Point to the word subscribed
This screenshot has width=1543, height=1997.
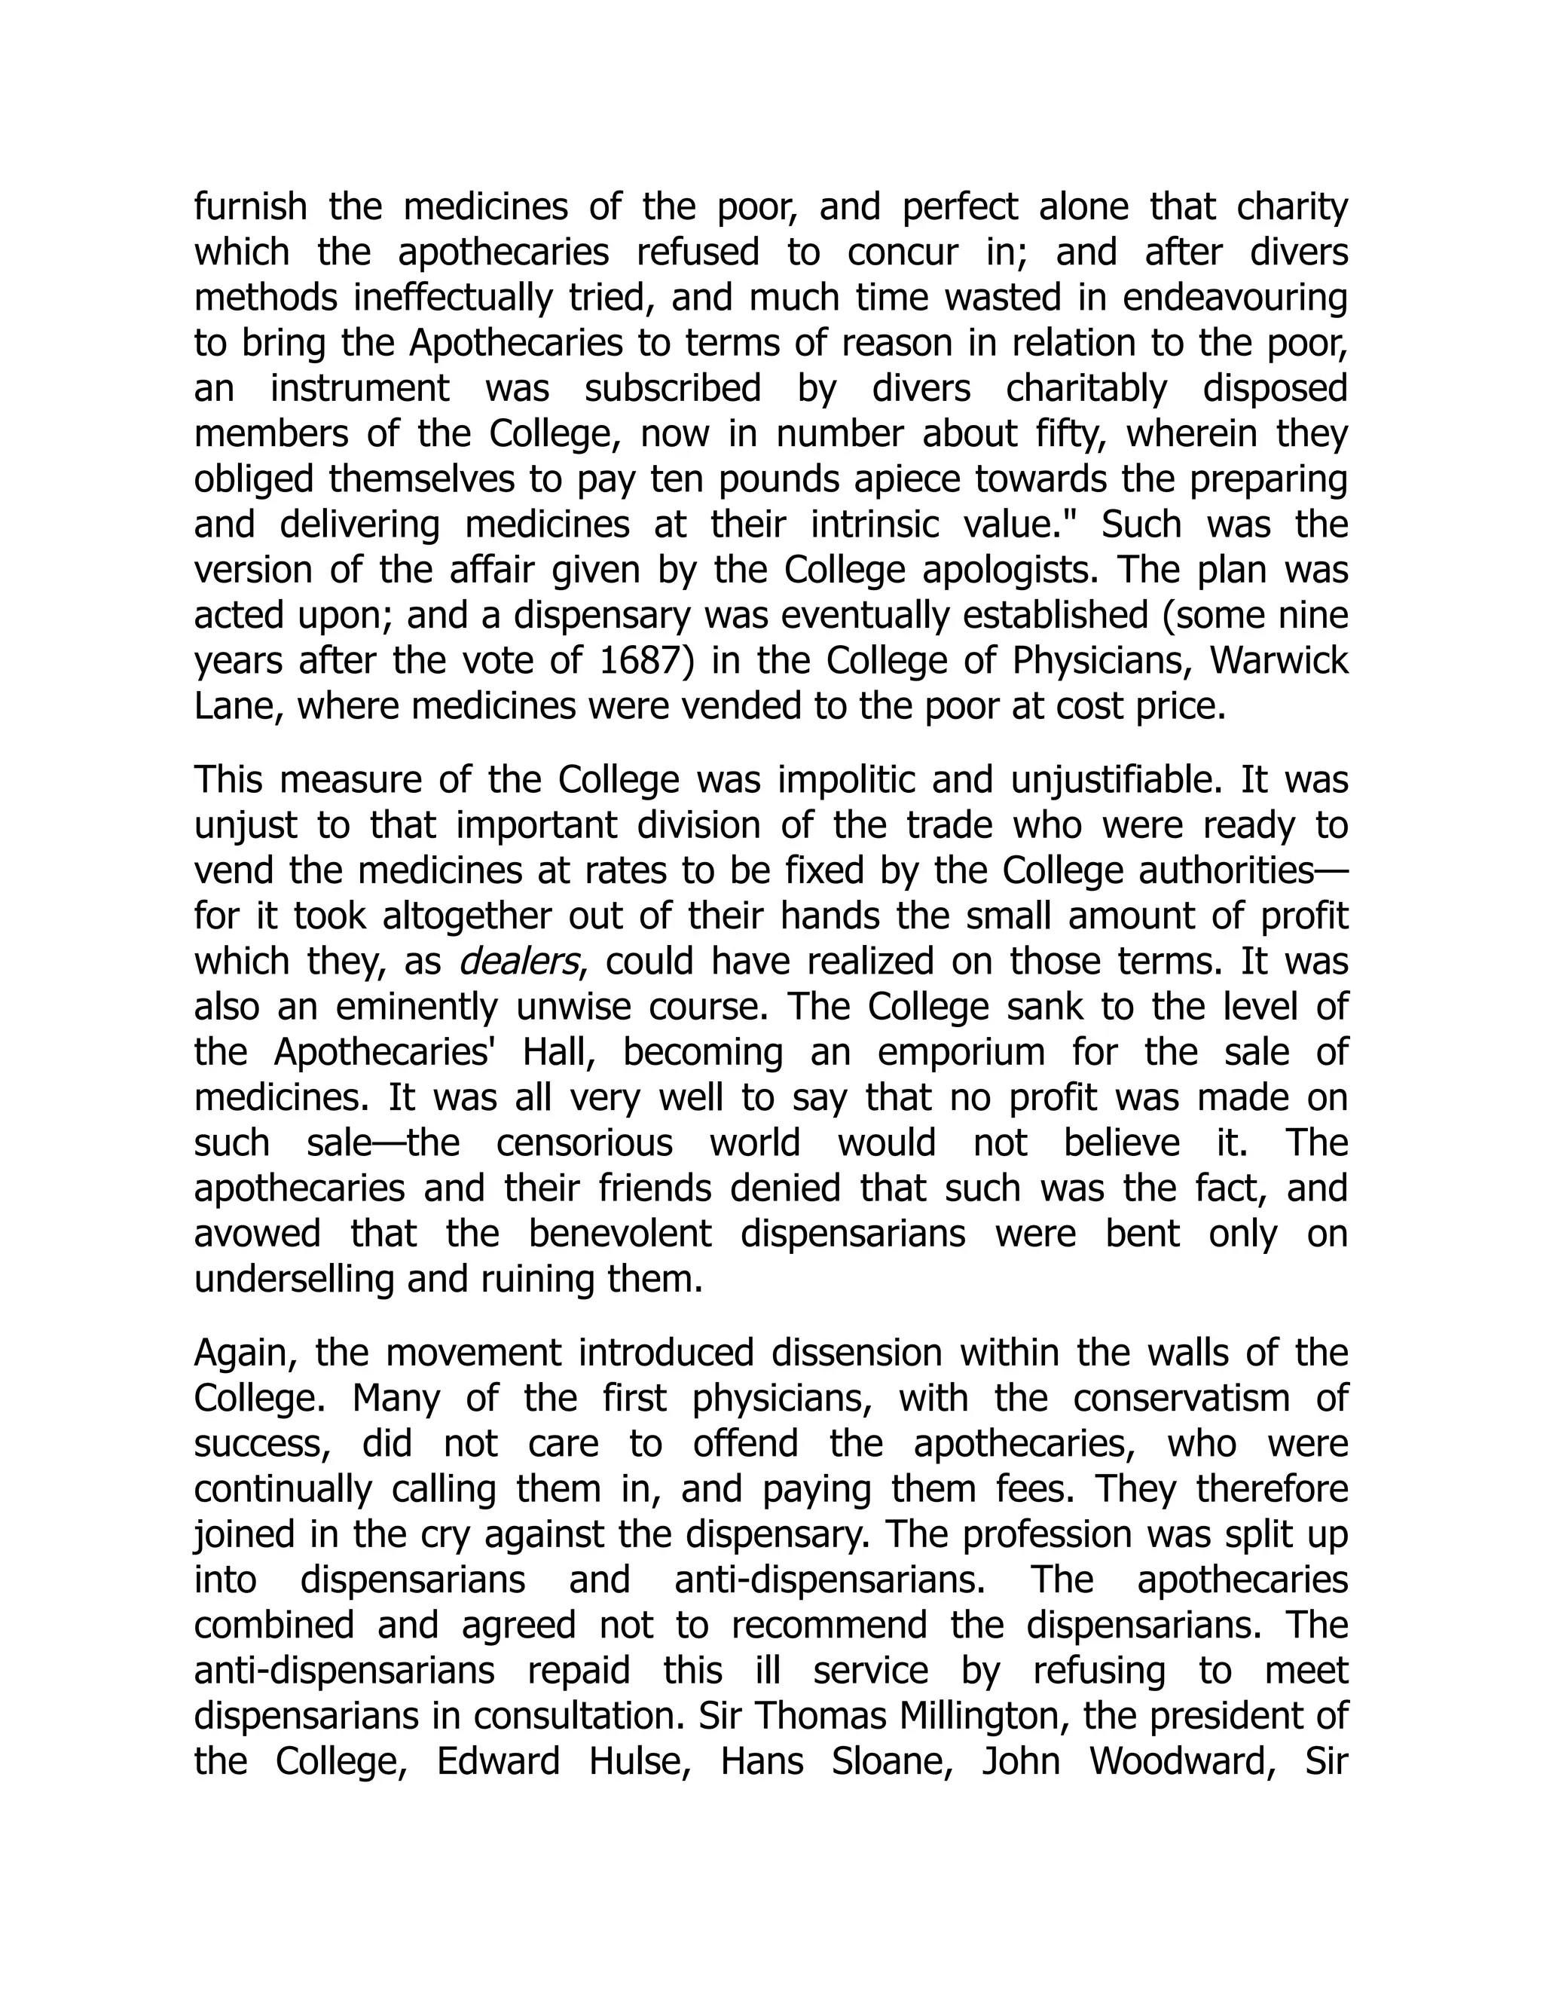(673, 389)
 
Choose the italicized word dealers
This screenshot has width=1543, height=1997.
(518, 962)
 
